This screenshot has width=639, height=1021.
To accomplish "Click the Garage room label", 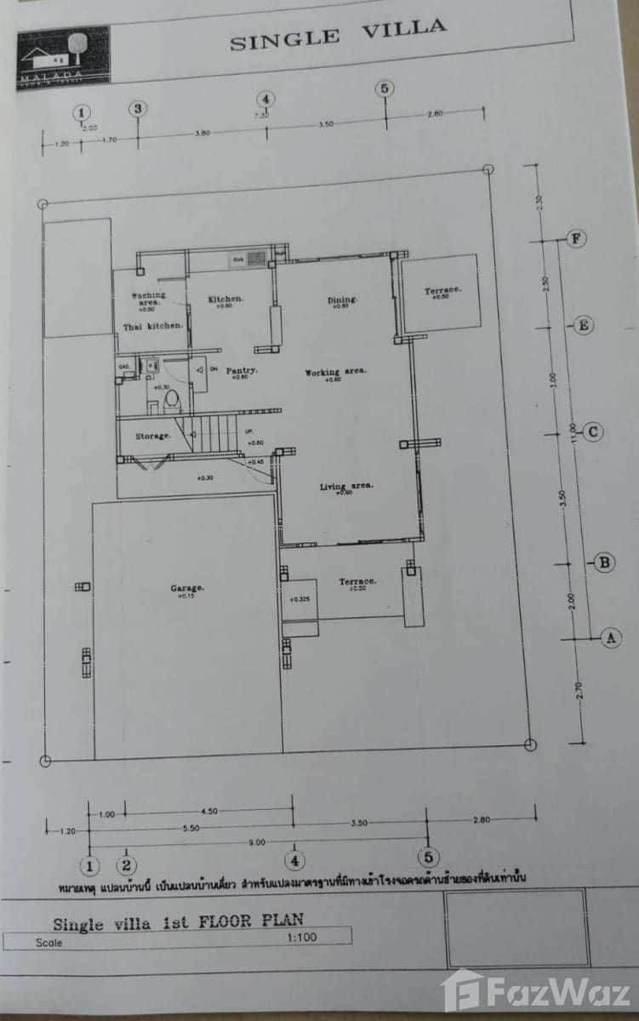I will [x=186, y=588].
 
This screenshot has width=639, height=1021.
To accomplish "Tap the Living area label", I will [x=346, y=487].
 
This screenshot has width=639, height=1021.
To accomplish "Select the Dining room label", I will [x=342, y=299].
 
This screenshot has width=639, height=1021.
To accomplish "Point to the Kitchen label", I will [x=226, y=299].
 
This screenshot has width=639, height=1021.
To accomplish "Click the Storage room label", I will [x=153, y=436].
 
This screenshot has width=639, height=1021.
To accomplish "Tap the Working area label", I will [x=336, y=372].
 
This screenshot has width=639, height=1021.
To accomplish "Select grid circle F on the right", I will [x=577, y=239].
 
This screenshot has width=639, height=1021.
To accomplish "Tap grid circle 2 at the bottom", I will [x=128, y=866].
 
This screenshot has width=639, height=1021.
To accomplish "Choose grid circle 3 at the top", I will [x=138, y=109].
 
